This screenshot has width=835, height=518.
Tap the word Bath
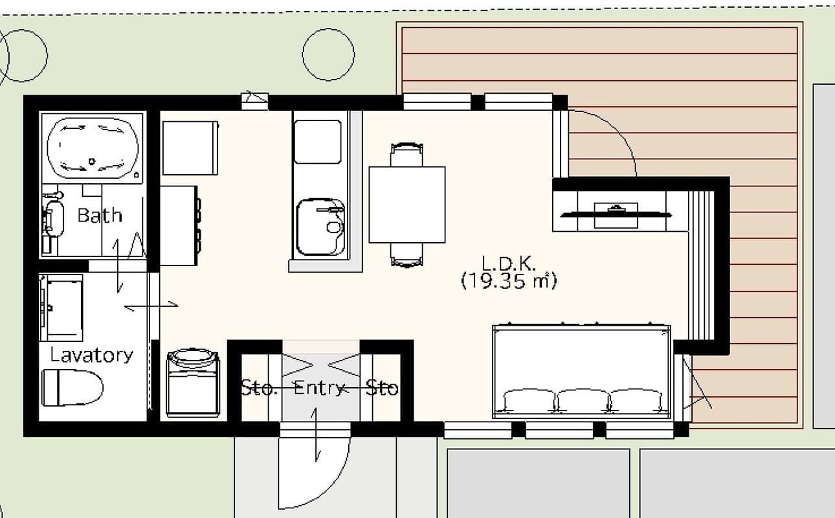(99, 215)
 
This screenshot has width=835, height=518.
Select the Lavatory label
(91, 355)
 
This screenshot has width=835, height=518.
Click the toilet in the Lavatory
(72, 387)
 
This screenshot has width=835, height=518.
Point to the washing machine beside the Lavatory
(193, 383)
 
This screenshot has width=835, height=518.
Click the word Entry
(318, 388)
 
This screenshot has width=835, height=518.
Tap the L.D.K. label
(509, 264)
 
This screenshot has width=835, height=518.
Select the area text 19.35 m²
(509, 282)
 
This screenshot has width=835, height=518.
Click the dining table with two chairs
(406, 205)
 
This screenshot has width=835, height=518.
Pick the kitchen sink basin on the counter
(321, 227)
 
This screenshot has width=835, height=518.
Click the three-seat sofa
(582, 372)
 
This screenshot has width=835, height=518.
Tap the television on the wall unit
(616, 213)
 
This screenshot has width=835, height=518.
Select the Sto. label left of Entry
(259, 388)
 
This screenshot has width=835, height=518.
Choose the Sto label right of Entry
(381, 388)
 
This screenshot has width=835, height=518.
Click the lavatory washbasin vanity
(62, 308)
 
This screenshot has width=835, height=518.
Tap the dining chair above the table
(407, 155)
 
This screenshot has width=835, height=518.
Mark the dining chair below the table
(407, 254)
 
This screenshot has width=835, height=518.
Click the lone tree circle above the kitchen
(328, 56)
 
